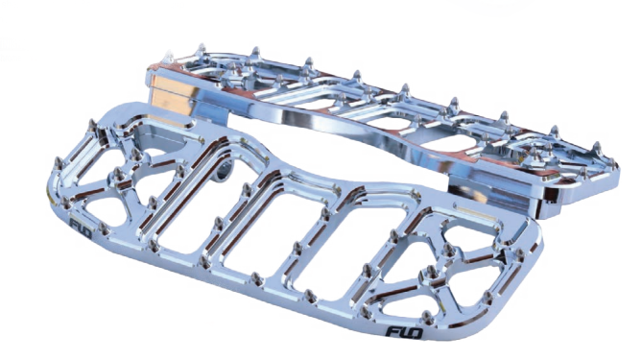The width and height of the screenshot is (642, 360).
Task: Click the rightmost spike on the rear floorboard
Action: pos(613,164)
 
